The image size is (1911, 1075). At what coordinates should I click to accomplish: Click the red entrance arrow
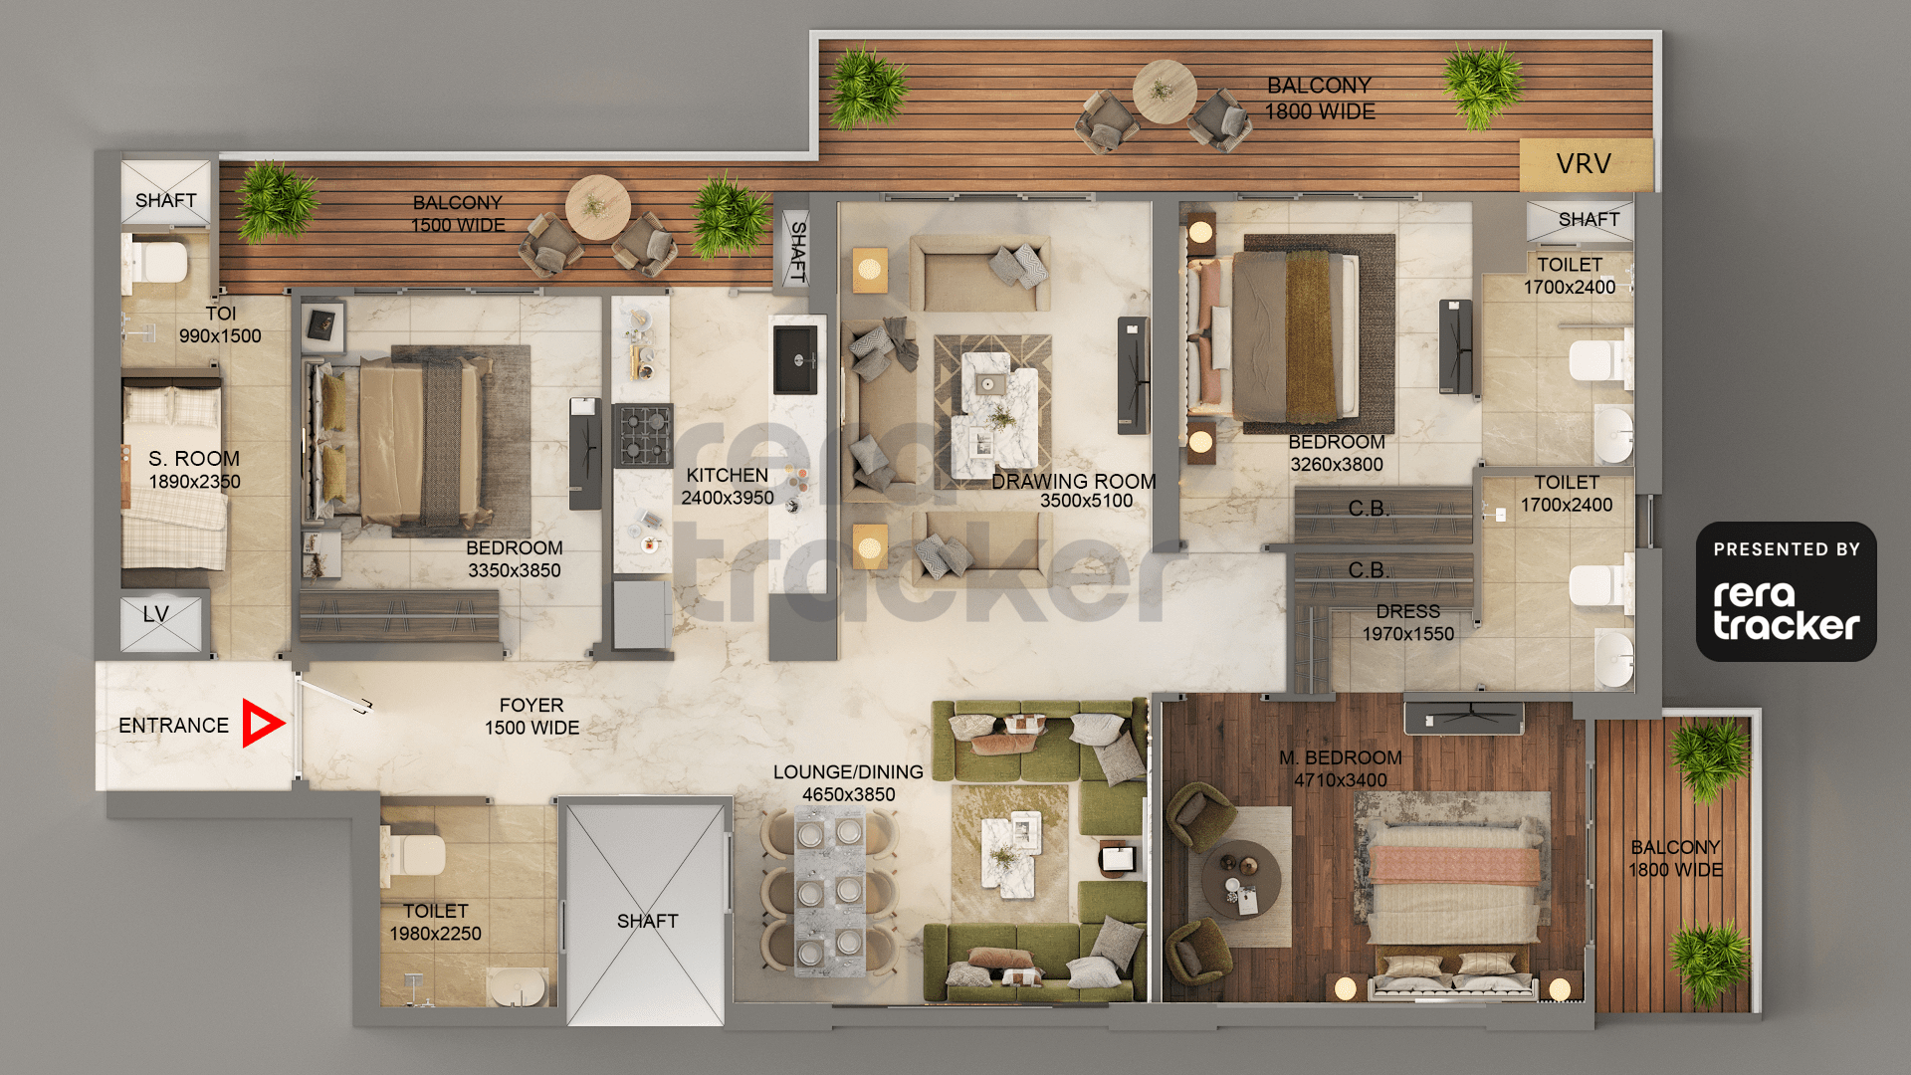[262, 724]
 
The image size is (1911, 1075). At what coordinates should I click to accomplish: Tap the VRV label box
[1586, 164]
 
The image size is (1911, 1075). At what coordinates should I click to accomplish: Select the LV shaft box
[160, 623]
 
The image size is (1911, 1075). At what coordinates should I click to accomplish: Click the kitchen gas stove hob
[642, 435]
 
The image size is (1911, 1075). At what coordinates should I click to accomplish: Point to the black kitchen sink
[795, 359]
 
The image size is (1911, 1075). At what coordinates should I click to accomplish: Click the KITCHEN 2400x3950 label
[728, 487]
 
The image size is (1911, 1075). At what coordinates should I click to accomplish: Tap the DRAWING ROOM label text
[1074, 481]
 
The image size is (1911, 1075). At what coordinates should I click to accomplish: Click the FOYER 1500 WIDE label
[531, 717]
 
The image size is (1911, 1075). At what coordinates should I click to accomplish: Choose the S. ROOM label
[194, 459]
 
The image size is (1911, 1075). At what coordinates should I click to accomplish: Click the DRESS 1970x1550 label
[1408, 623]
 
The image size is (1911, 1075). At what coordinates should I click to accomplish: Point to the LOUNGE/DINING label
[848, 772]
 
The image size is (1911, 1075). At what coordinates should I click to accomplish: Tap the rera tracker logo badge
[1787, 592]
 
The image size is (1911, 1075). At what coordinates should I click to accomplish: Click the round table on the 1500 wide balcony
[597, 207]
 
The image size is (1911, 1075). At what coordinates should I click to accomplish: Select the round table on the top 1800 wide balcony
[1165, 92]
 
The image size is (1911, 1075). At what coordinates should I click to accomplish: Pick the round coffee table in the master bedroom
[1240, 880]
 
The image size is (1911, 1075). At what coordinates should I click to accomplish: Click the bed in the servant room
[173, 478]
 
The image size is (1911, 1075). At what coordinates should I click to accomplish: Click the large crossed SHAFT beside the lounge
[645, 914]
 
